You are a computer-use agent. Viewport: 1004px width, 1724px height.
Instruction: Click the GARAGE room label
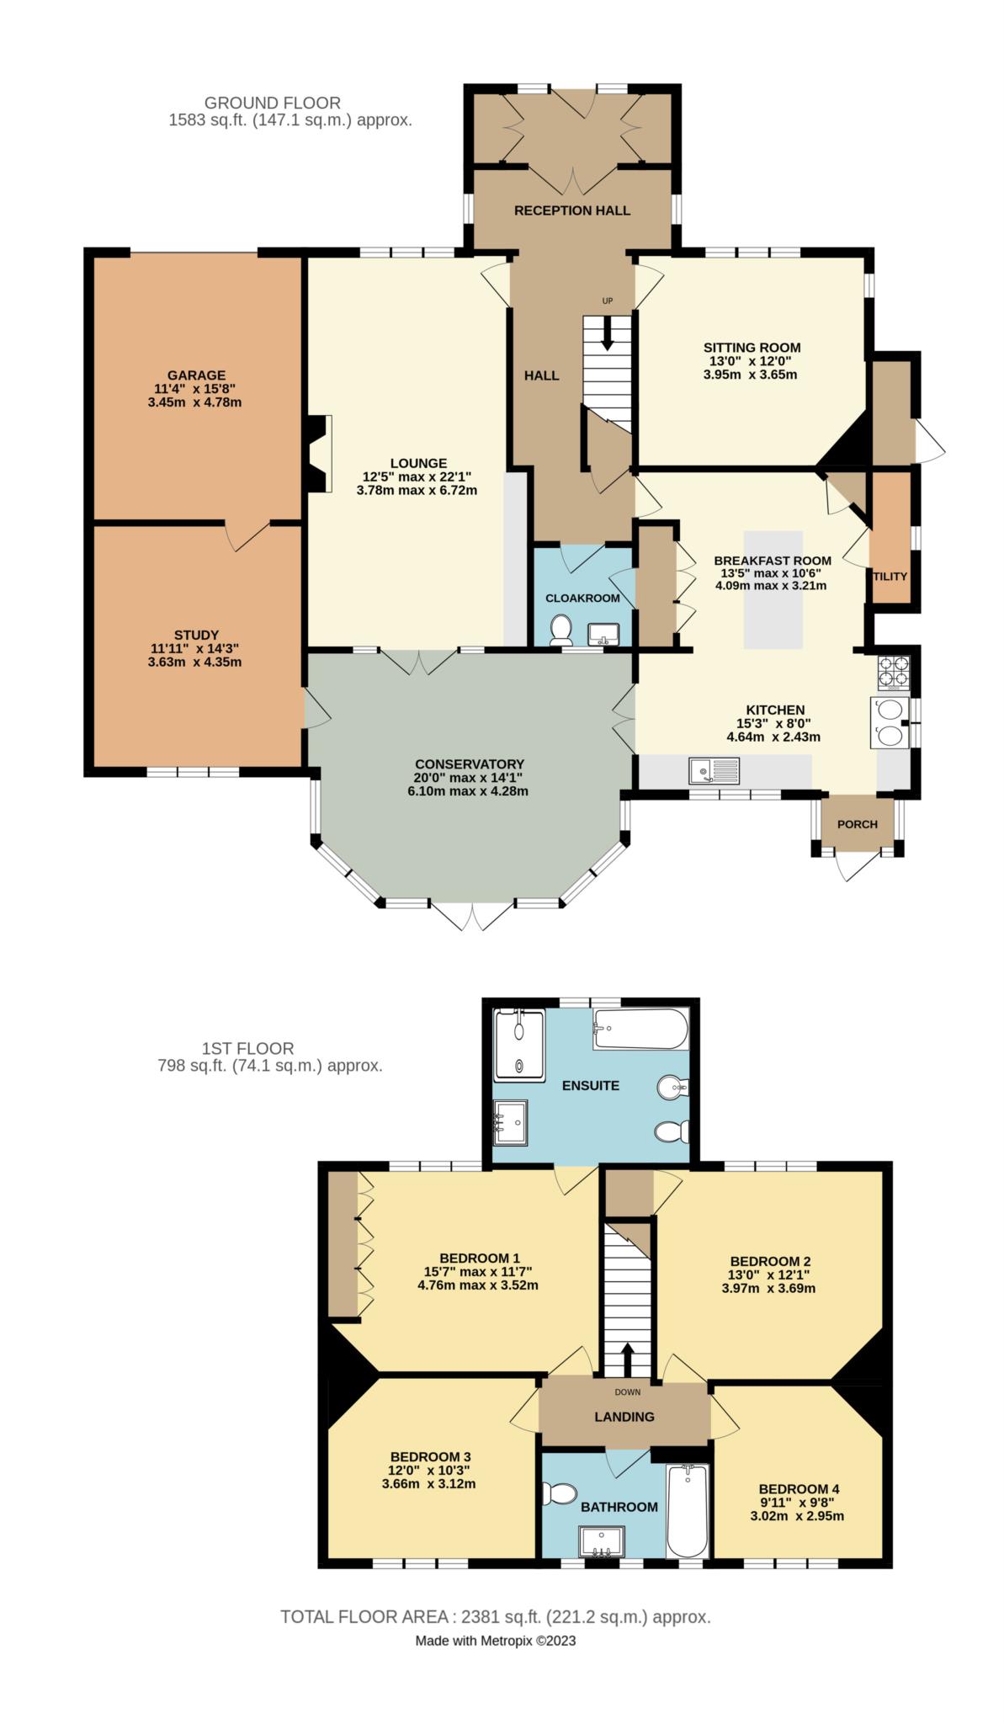[196, 375]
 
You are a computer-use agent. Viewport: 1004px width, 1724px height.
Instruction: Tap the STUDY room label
[196, 635]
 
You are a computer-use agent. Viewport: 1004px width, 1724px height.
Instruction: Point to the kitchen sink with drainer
[714, 769]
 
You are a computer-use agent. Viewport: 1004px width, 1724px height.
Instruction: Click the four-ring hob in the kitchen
[892, 672]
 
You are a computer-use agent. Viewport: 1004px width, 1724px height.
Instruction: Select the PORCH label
[857, 824]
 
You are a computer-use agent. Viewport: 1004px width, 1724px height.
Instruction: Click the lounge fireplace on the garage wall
[319, 453]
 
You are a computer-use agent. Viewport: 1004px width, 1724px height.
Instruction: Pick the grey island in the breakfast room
[773, 589]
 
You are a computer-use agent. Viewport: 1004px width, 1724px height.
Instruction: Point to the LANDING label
[624, 1417]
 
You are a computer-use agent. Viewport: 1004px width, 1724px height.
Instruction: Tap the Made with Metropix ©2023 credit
[495, 1641]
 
